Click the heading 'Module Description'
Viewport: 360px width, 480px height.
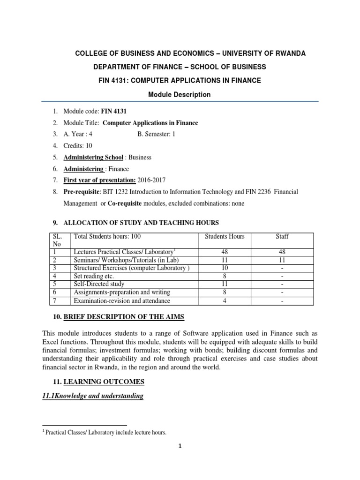(180, 95)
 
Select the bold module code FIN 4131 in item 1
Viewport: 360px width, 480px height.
(114, 111)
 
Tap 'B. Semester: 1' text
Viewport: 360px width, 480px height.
(158, 134)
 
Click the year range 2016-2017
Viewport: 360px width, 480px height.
(151, 180)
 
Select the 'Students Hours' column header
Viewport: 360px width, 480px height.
(225, 236)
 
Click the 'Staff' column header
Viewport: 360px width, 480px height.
(282, 236)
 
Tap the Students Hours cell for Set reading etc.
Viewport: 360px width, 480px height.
(225, 276)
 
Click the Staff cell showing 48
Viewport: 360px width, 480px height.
(282, 251)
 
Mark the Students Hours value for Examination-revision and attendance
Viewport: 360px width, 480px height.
(225, 301)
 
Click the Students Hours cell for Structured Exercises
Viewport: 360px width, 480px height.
(225, 268)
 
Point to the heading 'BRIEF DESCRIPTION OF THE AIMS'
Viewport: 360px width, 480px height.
(124, 317)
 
